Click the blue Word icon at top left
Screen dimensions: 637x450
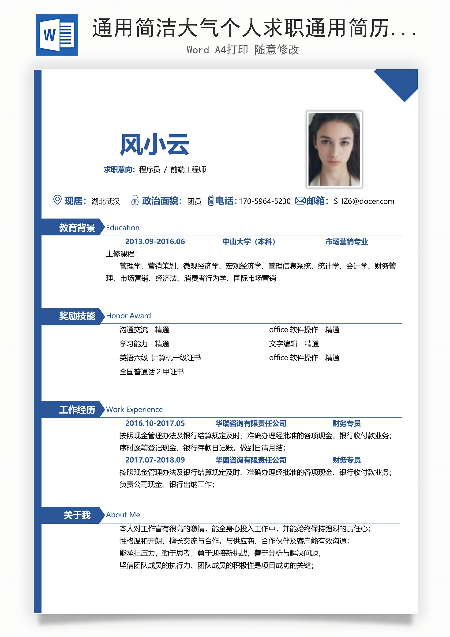(56, 35)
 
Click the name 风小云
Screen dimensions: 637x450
(154, 145)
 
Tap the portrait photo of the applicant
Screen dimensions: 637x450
(334, 149)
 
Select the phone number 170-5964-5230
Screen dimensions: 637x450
(264, 201)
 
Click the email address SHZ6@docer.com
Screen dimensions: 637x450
(364, 201)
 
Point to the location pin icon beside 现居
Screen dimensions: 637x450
(57, 200)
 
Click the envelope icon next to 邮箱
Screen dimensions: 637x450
(300, 201)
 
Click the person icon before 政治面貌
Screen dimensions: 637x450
(135, 200)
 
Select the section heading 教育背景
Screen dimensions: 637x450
(77, 228)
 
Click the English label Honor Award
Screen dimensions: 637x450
(128, 316)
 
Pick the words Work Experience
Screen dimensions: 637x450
(134, 410)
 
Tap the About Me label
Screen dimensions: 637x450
(123, 515)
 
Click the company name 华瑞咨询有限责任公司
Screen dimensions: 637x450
(251, 423)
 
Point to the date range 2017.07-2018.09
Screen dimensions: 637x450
(155, 460)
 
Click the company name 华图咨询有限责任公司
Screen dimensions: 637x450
(251, 460)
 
